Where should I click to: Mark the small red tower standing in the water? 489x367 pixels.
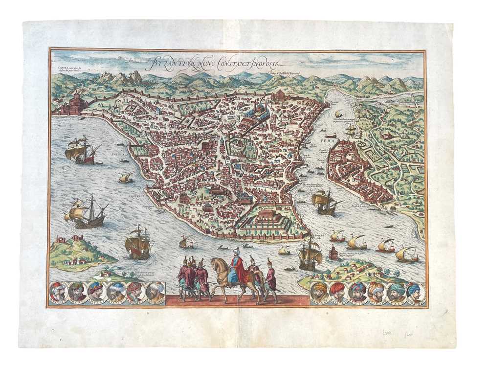tap(334, 252)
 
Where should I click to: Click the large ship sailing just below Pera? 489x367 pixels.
tap(325, 202)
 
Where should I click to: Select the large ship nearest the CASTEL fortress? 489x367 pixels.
tap(81, 150)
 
